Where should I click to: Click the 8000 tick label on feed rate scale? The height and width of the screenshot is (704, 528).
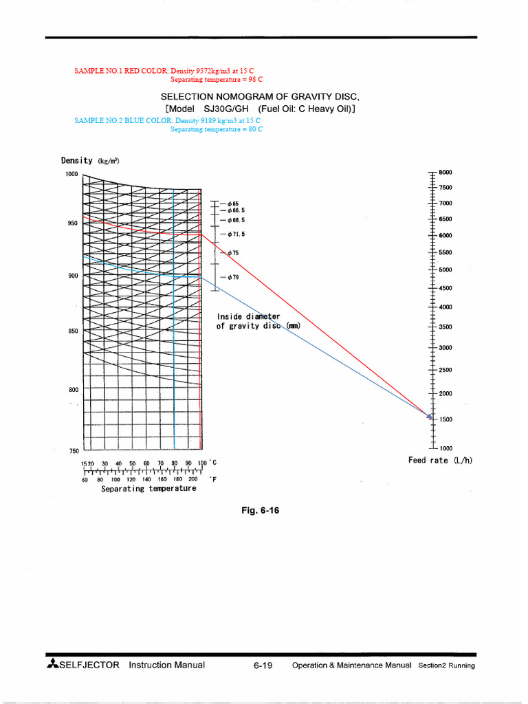pos(445,172)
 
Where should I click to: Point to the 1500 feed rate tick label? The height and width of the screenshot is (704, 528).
pos(445,419)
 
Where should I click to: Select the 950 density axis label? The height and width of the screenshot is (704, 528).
pos(72,223)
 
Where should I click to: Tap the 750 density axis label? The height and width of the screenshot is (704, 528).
pos(74,451)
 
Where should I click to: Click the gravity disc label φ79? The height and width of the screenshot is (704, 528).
pos(233,277)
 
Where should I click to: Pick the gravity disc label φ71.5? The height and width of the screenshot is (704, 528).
pos(236,234)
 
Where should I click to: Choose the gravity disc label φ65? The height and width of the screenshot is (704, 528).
pos(233,203)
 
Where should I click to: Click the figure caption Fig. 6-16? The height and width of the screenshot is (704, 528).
pos(260,511)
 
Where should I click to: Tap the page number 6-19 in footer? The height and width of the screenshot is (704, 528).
pos(263,665)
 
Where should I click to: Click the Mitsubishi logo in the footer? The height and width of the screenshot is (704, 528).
pos(52,665)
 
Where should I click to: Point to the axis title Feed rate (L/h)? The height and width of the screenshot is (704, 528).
pos(441,461)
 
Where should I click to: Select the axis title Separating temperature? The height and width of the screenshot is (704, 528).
pos(148,489)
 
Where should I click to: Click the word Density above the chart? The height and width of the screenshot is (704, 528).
pos(76,161)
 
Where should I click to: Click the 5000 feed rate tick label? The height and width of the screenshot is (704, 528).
pos(445,269)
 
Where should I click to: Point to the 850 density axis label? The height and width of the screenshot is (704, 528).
pos(72,331)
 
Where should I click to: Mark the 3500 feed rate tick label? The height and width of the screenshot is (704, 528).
pos(445,327)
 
